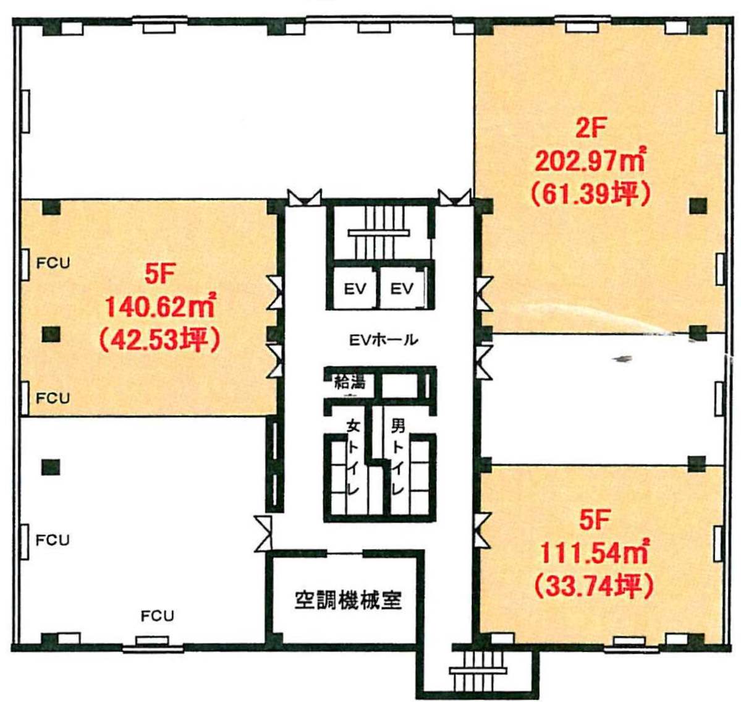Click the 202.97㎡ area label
(590, 161)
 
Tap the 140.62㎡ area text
(159, 307)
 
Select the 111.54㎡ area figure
(593, 552)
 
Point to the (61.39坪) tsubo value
(591, 194)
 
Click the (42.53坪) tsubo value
(159, 340)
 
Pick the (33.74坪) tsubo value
(593, 586)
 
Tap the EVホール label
(383, 339)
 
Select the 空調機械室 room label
(348, 600)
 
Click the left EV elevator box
(354, 288)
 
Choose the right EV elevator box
(402, 288)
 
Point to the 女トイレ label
(352, 458)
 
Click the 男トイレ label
(397, 458)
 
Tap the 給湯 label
(350, 381)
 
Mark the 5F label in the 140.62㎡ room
(159, 275)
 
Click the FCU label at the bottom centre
(158, 615)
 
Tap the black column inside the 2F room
(698, 206)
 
